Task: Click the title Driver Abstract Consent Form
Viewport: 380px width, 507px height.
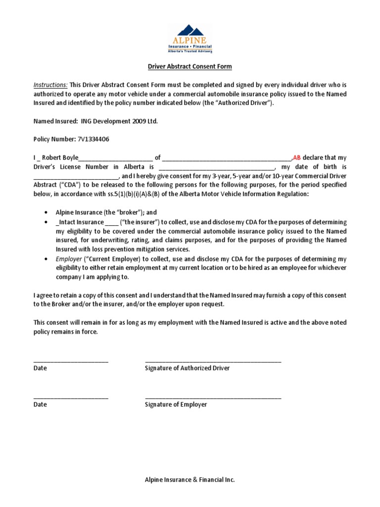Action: [190, 66]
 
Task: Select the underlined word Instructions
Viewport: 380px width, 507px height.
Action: [50, 85]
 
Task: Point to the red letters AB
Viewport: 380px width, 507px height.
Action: [297, 157]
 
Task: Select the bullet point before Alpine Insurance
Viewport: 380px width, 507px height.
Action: [46, 212]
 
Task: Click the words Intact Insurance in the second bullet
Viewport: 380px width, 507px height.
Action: [81, 222]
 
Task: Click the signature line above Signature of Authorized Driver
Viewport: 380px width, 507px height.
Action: [213, 361]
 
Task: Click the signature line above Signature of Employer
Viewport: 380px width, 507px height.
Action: [213, 398]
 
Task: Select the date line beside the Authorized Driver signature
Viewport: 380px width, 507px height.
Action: [71, 361]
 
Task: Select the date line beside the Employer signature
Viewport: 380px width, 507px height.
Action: [71, 398]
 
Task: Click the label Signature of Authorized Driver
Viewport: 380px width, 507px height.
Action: [187, 368]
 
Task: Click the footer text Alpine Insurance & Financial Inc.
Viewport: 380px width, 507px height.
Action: [190, 480]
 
